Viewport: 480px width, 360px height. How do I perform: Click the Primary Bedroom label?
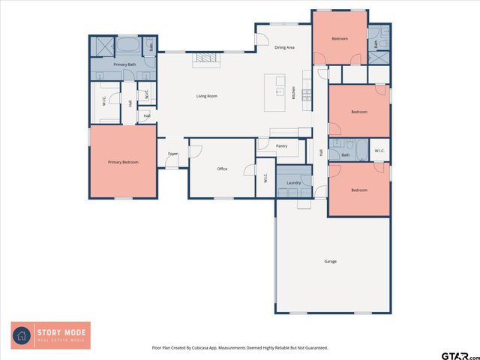click(x=123, y=162)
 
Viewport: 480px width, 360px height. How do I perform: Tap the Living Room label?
click(x=207, y=96)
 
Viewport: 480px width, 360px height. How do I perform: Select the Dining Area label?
click(x=284, y=47)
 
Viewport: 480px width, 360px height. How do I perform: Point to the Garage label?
click(x=330, y=262)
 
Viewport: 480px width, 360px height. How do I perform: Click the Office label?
click(x=222, y=169)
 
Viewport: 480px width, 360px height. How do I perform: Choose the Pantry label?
click(x=282, y=146)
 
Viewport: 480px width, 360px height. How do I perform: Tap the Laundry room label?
click(x=293, y=183)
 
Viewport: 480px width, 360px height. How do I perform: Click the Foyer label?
click(x=172, y=154)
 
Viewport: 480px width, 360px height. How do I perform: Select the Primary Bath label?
click(x=124, y=65)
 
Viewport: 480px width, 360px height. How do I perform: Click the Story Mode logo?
click(x=50, y=334)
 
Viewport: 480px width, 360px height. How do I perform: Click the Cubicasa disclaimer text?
click(x=240, y=348)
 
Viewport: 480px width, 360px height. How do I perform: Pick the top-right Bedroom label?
click(x=340, y=38)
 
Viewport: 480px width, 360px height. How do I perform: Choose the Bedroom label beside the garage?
click(x=359, y=190)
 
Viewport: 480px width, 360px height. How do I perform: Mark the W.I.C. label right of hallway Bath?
click(x=379, y=151)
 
